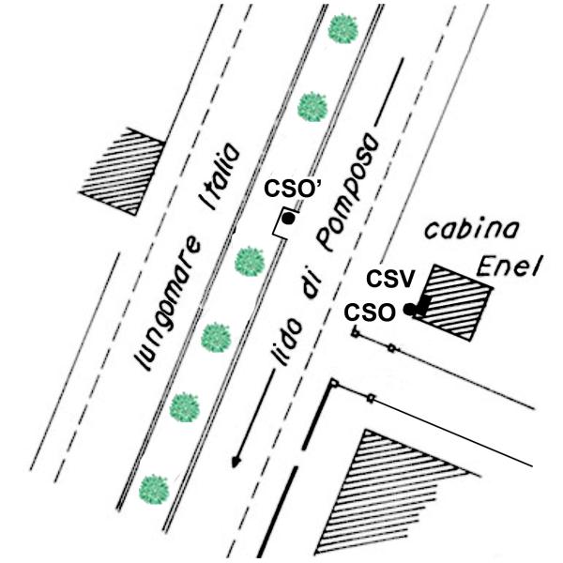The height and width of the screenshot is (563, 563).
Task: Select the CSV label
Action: tap(384, 279)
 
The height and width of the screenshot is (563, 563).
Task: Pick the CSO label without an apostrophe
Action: tap(368, 311)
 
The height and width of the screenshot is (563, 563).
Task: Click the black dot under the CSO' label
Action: tap(289, 219)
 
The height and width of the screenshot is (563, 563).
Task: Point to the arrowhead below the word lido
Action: tap(237, 461)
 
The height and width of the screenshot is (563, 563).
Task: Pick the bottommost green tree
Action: tap(153, 489)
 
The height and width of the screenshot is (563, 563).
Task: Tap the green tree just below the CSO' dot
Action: tap(248, 259)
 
